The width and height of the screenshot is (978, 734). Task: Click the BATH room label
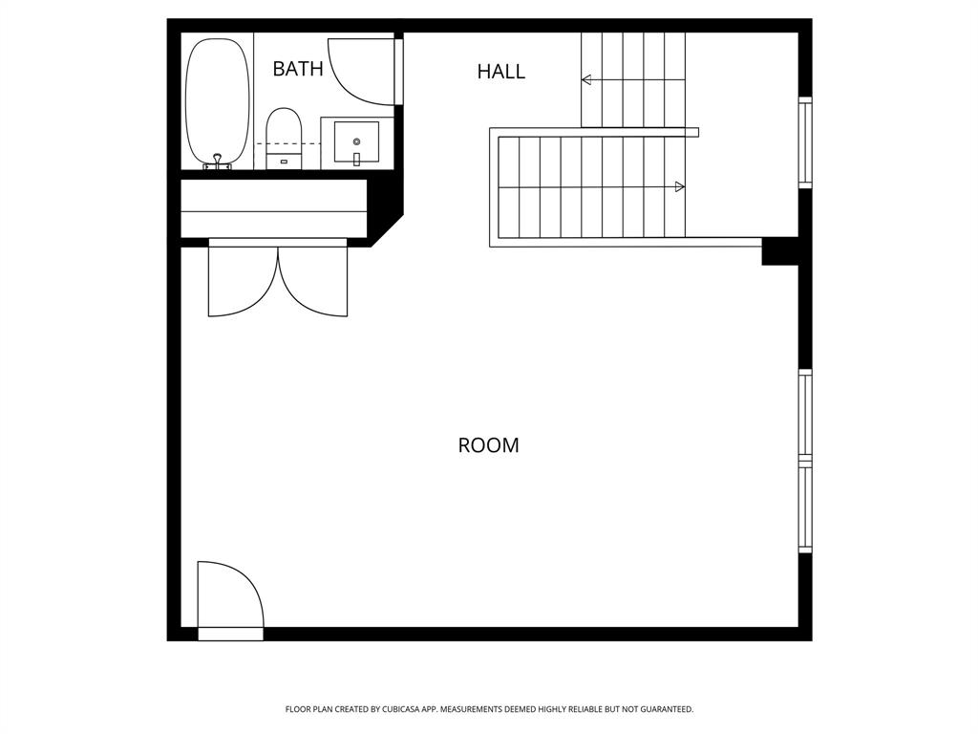pos(298,69)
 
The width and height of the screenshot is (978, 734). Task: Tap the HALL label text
pos(500,72)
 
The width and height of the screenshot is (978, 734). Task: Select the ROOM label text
pos(488,445)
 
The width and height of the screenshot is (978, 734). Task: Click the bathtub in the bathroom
pos(217,100)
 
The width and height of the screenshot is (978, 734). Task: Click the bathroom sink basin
pos(356,142)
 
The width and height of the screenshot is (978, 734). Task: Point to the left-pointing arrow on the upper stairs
pos(586,80)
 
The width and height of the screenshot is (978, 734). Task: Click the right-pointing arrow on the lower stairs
pos(679,186)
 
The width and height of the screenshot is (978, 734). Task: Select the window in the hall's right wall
pos(804,141)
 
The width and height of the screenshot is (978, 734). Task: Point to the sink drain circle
pos(356,141)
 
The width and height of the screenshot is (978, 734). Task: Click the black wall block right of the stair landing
pos(779,251)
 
